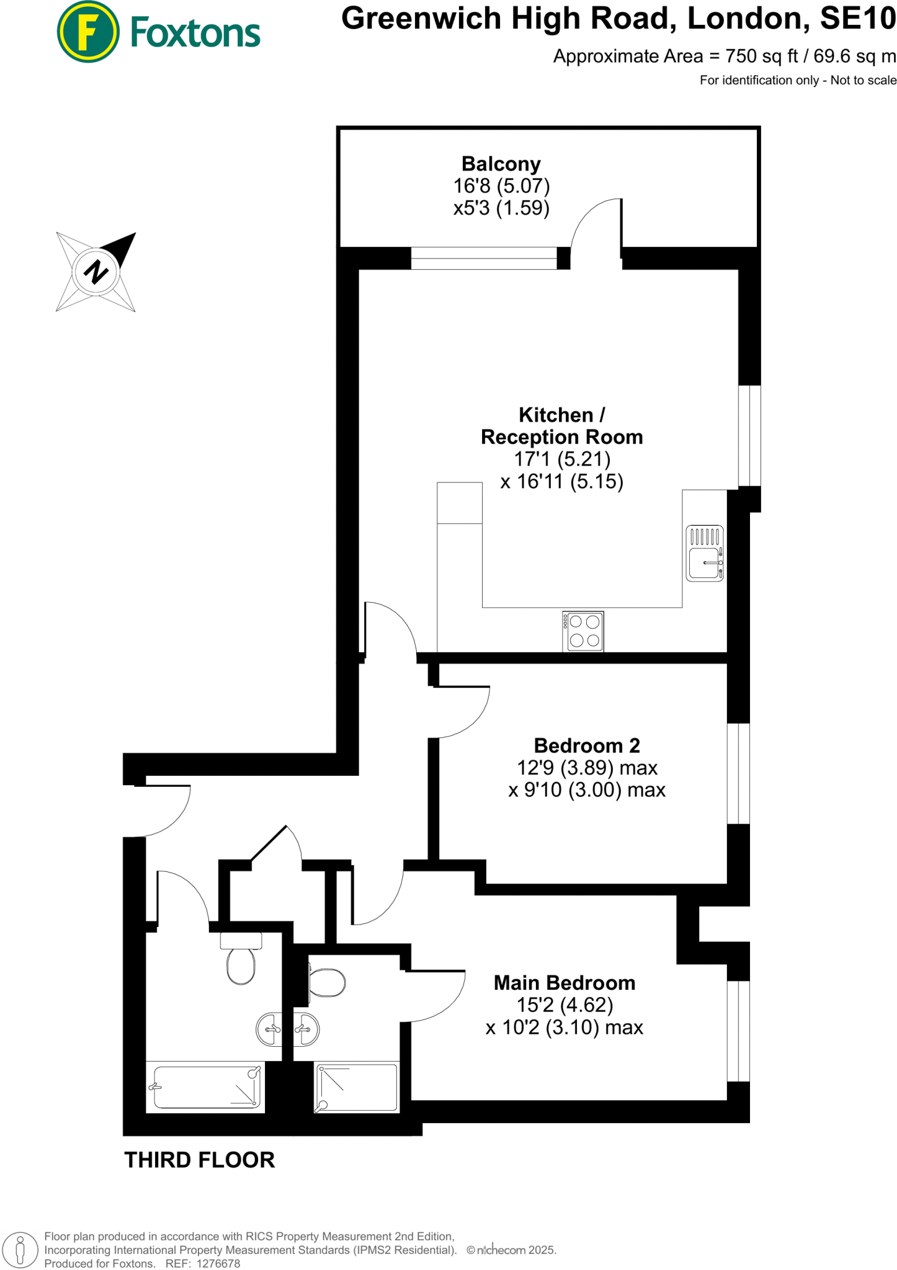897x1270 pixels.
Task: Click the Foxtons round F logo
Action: (x=88, y=32)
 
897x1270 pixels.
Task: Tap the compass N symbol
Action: (x=96, y=272)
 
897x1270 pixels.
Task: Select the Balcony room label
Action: (x=501, y=164)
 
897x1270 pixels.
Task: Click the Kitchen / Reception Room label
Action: (x=561, y=426)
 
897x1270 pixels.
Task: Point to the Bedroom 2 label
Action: (x=587, y=745)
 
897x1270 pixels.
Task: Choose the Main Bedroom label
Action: (x=565, y=983)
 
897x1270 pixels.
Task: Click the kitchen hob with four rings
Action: (x=584, y=631)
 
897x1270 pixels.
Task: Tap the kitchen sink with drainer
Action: (x=705, y=553)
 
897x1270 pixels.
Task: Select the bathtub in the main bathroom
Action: (x=205, y=1087)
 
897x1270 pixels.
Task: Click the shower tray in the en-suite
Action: (x=357, y=1087)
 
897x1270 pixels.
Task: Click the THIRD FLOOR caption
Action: (x=200, y=1160)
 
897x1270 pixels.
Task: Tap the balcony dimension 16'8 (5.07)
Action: (x=501, y=185)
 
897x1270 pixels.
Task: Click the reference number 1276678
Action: (x=218, y=1263)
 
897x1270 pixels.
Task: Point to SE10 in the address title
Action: (x=858, y=19)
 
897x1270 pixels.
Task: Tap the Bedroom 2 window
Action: (x=738, y=773)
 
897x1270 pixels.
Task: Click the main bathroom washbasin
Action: (x=269, y=1030)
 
